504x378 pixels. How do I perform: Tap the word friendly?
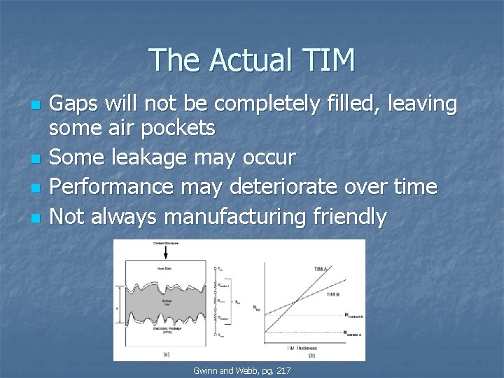[346, 217]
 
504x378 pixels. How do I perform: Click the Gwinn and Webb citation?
[241, 369]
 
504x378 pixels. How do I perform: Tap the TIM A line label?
[321, 268]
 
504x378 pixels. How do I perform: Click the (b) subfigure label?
[311, 356]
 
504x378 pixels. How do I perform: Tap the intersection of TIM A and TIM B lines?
[296, 302]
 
